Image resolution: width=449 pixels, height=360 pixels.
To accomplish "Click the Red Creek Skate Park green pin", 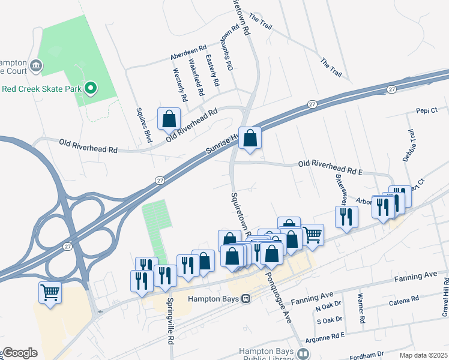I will pos(91,89).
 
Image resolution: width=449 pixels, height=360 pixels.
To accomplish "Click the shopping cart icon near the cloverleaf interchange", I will pos(50,293).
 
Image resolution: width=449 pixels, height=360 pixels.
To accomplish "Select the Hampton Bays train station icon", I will pos(246,298).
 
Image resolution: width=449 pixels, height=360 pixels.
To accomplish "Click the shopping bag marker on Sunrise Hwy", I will pos(250,138).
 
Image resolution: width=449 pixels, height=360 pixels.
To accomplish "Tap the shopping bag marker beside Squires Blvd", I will pos(169,119).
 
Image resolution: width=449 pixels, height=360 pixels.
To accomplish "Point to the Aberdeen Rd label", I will pos(188,47).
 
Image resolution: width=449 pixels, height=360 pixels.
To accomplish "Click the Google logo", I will pos(20,353).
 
